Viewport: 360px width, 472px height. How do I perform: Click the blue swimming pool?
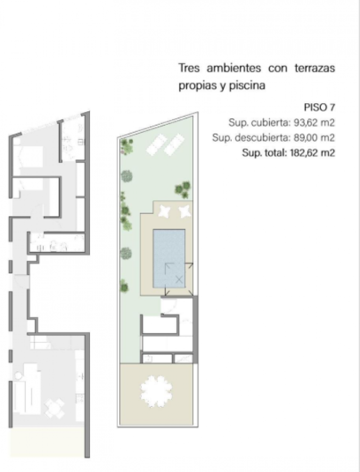pos(169,258)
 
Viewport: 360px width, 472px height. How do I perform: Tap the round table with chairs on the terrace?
pos(156,391)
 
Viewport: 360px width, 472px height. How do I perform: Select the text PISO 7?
pos(319,107)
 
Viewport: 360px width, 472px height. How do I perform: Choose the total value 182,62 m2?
pos(312,153)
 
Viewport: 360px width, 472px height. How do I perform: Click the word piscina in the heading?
pos(247,85)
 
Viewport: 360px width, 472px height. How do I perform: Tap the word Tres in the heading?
pos(189,68)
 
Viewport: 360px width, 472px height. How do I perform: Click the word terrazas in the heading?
pos(315,68)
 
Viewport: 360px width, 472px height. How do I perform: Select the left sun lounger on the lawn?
pos(156,144)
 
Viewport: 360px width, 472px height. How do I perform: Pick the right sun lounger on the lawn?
pos(174,144)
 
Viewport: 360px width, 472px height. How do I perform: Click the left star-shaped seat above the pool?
pos(165,211)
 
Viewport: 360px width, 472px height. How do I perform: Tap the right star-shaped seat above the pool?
pos(184,211)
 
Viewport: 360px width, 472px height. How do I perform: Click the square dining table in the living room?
pos(55,408)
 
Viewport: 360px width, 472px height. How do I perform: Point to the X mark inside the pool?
pos(179,280)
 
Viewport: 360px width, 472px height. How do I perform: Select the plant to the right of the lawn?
pos(183,189)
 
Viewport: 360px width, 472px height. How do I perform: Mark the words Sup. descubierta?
pos(251,138)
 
